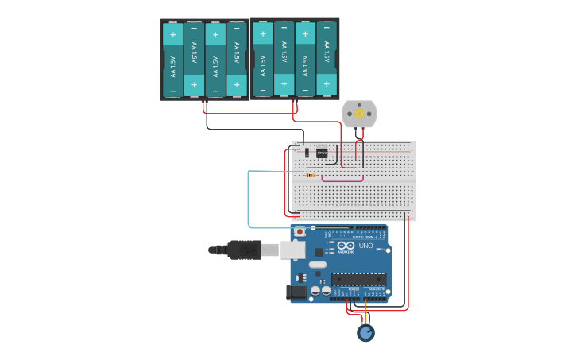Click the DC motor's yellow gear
point(359,114)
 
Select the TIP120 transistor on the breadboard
point(322,153)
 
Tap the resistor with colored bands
point(310,176)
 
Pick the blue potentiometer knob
point(365,332)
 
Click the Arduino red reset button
point(300,232)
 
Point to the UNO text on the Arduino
point(366,246)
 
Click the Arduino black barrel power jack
point(297,292)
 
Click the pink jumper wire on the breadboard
point(342,180)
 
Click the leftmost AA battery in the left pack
point(172,60)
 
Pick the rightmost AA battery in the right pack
point(327,60)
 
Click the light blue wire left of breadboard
point(249,199)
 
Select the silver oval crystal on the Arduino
point(317,264)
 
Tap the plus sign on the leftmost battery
point(172,34)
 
